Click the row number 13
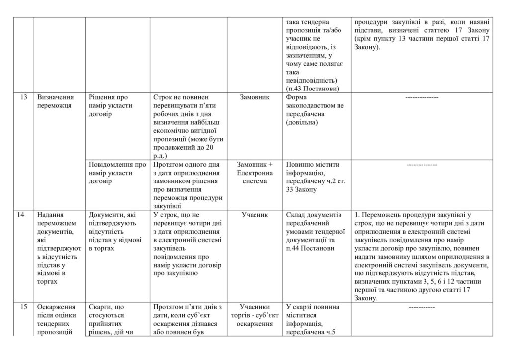click(x=24, y=98)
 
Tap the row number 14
click(x=24, y=215)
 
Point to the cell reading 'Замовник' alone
click(x=255, y=98)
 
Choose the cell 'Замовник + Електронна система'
click(x=255, y=173)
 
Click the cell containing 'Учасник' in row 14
click(x=255, y=215)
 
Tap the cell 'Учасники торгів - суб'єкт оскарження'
click(x=255, y=316)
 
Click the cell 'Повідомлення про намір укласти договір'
click(x=117, y=173)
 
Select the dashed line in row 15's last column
click(x=422, y=308)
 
